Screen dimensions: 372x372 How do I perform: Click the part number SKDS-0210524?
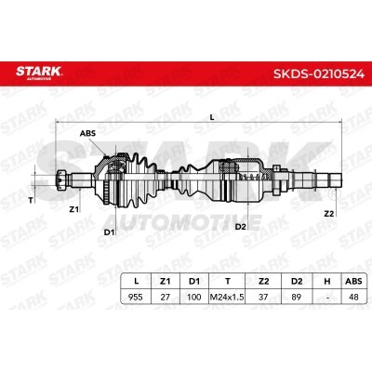coord(318,73)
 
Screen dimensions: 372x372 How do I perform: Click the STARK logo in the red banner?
coord(39,73)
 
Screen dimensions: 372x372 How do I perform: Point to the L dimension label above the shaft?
coord(212,117)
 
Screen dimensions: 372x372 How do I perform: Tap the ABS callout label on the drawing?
coord(87,134)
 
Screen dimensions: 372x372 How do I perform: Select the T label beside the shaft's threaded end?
coord(31,201)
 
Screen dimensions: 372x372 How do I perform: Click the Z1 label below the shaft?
coord(73,209)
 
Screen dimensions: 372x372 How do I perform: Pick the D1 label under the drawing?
coord(109,232)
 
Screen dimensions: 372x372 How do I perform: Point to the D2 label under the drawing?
coord(240,227)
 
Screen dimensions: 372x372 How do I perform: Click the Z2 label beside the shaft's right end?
coord(329,214)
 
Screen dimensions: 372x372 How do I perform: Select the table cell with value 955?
coord(136,297)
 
